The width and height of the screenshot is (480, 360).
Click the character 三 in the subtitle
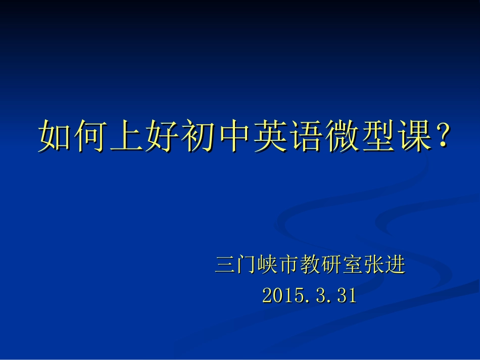[x=225, y=265]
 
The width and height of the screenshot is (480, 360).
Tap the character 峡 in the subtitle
[x=267, y=265]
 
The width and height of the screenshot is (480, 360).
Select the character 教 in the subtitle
[x=310, y=265]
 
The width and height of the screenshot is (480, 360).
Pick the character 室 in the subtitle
[x=352, y=265]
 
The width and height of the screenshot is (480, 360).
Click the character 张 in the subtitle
[x=373, y=265]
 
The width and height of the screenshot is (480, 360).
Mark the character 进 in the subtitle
[x=395, y=265]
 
